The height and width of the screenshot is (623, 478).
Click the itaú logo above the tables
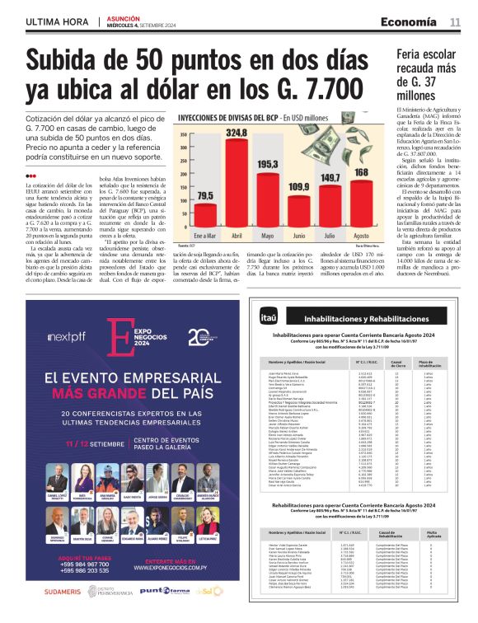[x=268, y=294]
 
